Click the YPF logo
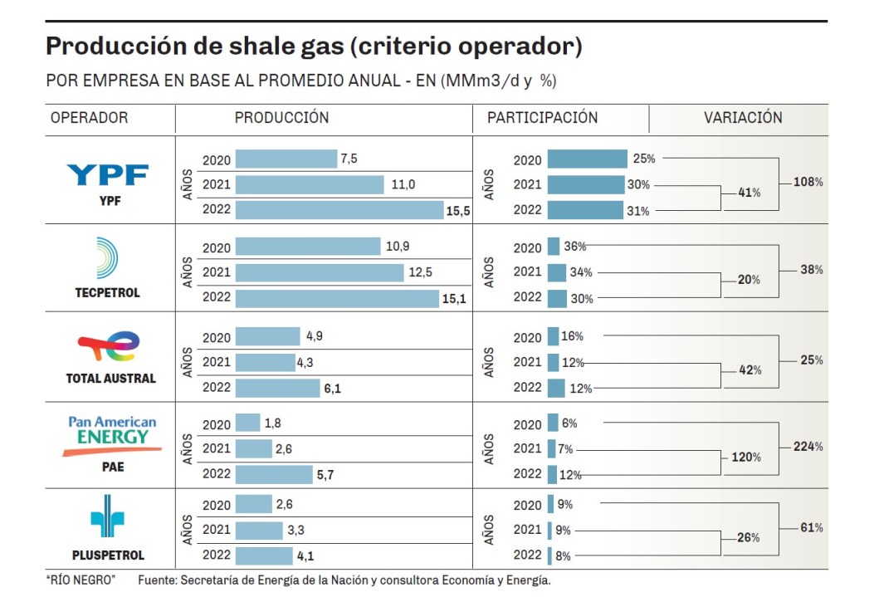pyautogui.click(x=107, y=175)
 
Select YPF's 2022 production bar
pyautogui.click(x=339, y=210)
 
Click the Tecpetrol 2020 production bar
pyautogui.click(x=307, y=247)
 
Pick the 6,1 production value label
pyautogui.click(x=332, y=388)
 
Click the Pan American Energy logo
pyautogui.click(x=111, y=435)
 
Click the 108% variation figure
pyautogui.click(x=808, y=181)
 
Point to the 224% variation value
pyautogui.click(x=808, y=447)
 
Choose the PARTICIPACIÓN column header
pyautogui.click(x=542, y=118)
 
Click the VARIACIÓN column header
pyautogui.click(x=743, y=118)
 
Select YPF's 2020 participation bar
pyautogui.click(x=587, y=159)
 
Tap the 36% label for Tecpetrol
pyautogui.click(x=574, y=247)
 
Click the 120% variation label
pyautogui.click(x=745, y=458)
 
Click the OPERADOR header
pyautogui.click(x=90, y=118)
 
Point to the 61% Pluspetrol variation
pyautogui.click(x=811, y=527)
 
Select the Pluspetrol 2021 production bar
pyautogui.click(x=259, y=531)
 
